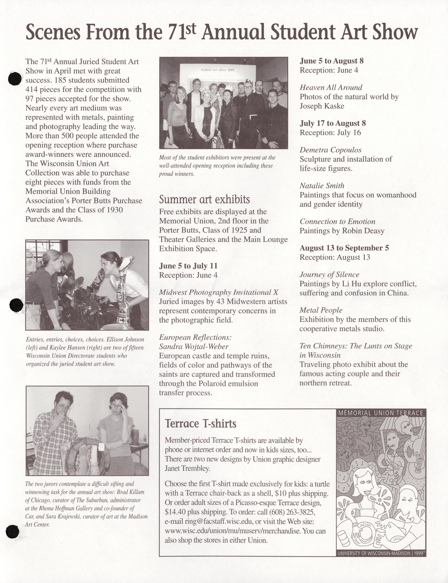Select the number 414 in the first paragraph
pyautogui.click(x=31, y=89)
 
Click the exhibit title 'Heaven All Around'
pyautogui.click(x=331, y=87)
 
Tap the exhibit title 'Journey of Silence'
pyautogui.click(x=329, y=275)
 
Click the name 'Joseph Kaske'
pyautogui.click(x=322, y=106)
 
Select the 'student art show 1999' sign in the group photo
pyautogui.click(x=217, y=70)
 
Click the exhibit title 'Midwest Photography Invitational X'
pyautogui.click(x=218, y=292)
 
